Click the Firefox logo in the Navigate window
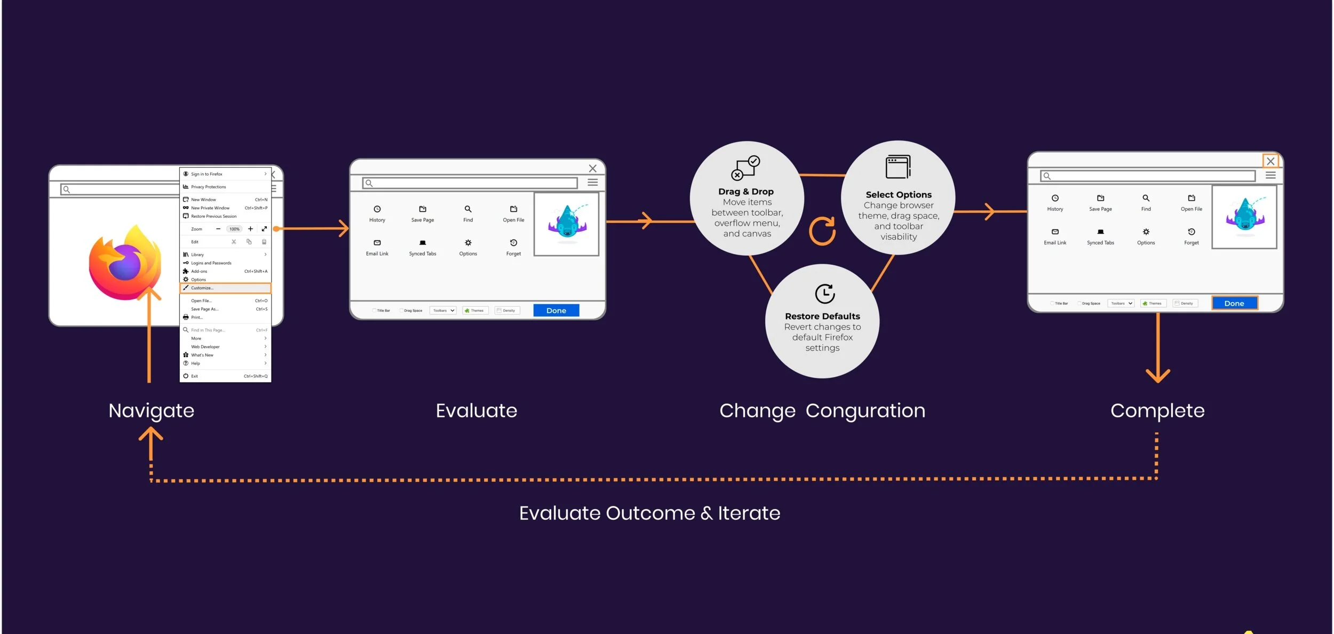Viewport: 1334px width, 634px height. (x=125, y=263)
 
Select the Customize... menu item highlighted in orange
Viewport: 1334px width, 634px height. (x=225, y=288)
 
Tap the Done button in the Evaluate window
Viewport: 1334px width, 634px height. (x=556, y=311)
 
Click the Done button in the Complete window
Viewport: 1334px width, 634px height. (x=1234, y=303)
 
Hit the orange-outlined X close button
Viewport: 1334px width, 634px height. (x=1271, y=161)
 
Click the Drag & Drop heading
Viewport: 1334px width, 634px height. (x=746, y=192)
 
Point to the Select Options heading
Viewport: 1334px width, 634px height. (x=899, y=195)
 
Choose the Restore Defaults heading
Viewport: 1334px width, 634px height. (x=822, y=316)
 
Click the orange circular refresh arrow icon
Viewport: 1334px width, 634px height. (x=822, y=231)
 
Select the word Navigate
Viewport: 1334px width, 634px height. (x=152, y=411)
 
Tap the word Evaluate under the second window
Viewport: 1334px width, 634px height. (x=477, y=411)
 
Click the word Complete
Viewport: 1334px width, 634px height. (x=1157, y=411)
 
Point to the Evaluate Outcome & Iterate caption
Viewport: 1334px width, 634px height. (x=649, y=513)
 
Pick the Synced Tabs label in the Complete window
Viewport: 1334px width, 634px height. (x=1100, y=243)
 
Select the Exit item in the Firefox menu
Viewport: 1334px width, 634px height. (x=195, y=376)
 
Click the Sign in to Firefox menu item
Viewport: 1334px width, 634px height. (x=207, y=174)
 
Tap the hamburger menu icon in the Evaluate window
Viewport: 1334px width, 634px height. (x=592, y=183)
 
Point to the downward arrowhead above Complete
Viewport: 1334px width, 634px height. (x=1157, y=376)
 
